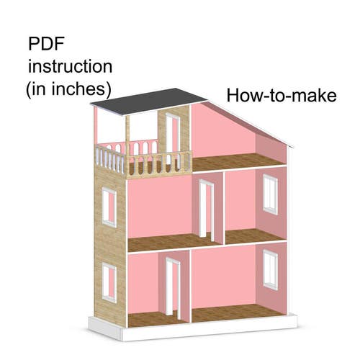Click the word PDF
pos(46,44)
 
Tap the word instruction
pos(70,66)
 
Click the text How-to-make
pos(282,96)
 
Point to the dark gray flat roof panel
pos(149,101)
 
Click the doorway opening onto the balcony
pos(172,139)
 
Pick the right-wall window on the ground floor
pos(271,270)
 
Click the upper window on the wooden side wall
pos(109,207)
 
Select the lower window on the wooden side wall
pos(109,282)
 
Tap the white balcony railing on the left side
pos(110,159)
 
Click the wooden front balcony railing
pos(159,165)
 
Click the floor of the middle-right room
pos(253,236)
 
